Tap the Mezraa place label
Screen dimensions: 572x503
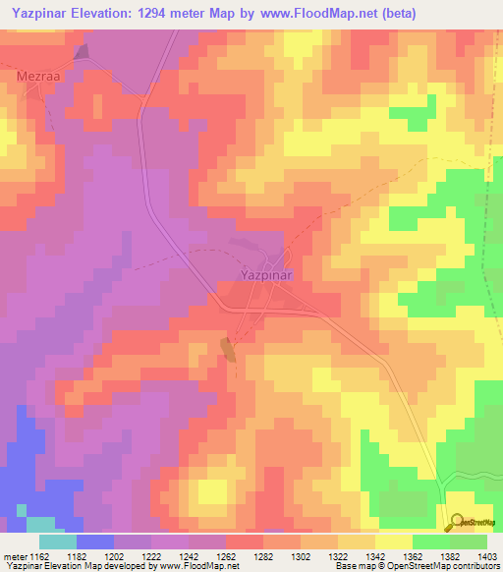38,75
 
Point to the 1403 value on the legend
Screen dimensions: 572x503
485,556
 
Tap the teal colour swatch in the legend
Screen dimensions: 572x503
57,542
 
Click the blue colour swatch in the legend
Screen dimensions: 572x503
95,542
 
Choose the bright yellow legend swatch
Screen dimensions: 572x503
394,542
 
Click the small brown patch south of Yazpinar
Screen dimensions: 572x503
229,348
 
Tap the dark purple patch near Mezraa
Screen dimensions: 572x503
81,51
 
